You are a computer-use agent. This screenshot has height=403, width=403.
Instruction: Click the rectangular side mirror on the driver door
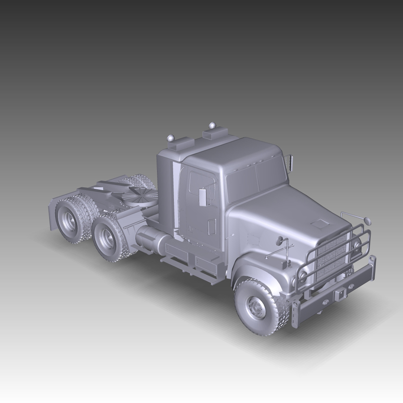(203, 197)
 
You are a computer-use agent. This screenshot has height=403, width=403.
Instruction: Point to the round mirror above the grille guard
(368, 221)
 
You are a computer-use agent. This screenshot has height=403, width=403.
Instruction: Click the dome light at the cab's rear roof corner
(170, 138)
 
